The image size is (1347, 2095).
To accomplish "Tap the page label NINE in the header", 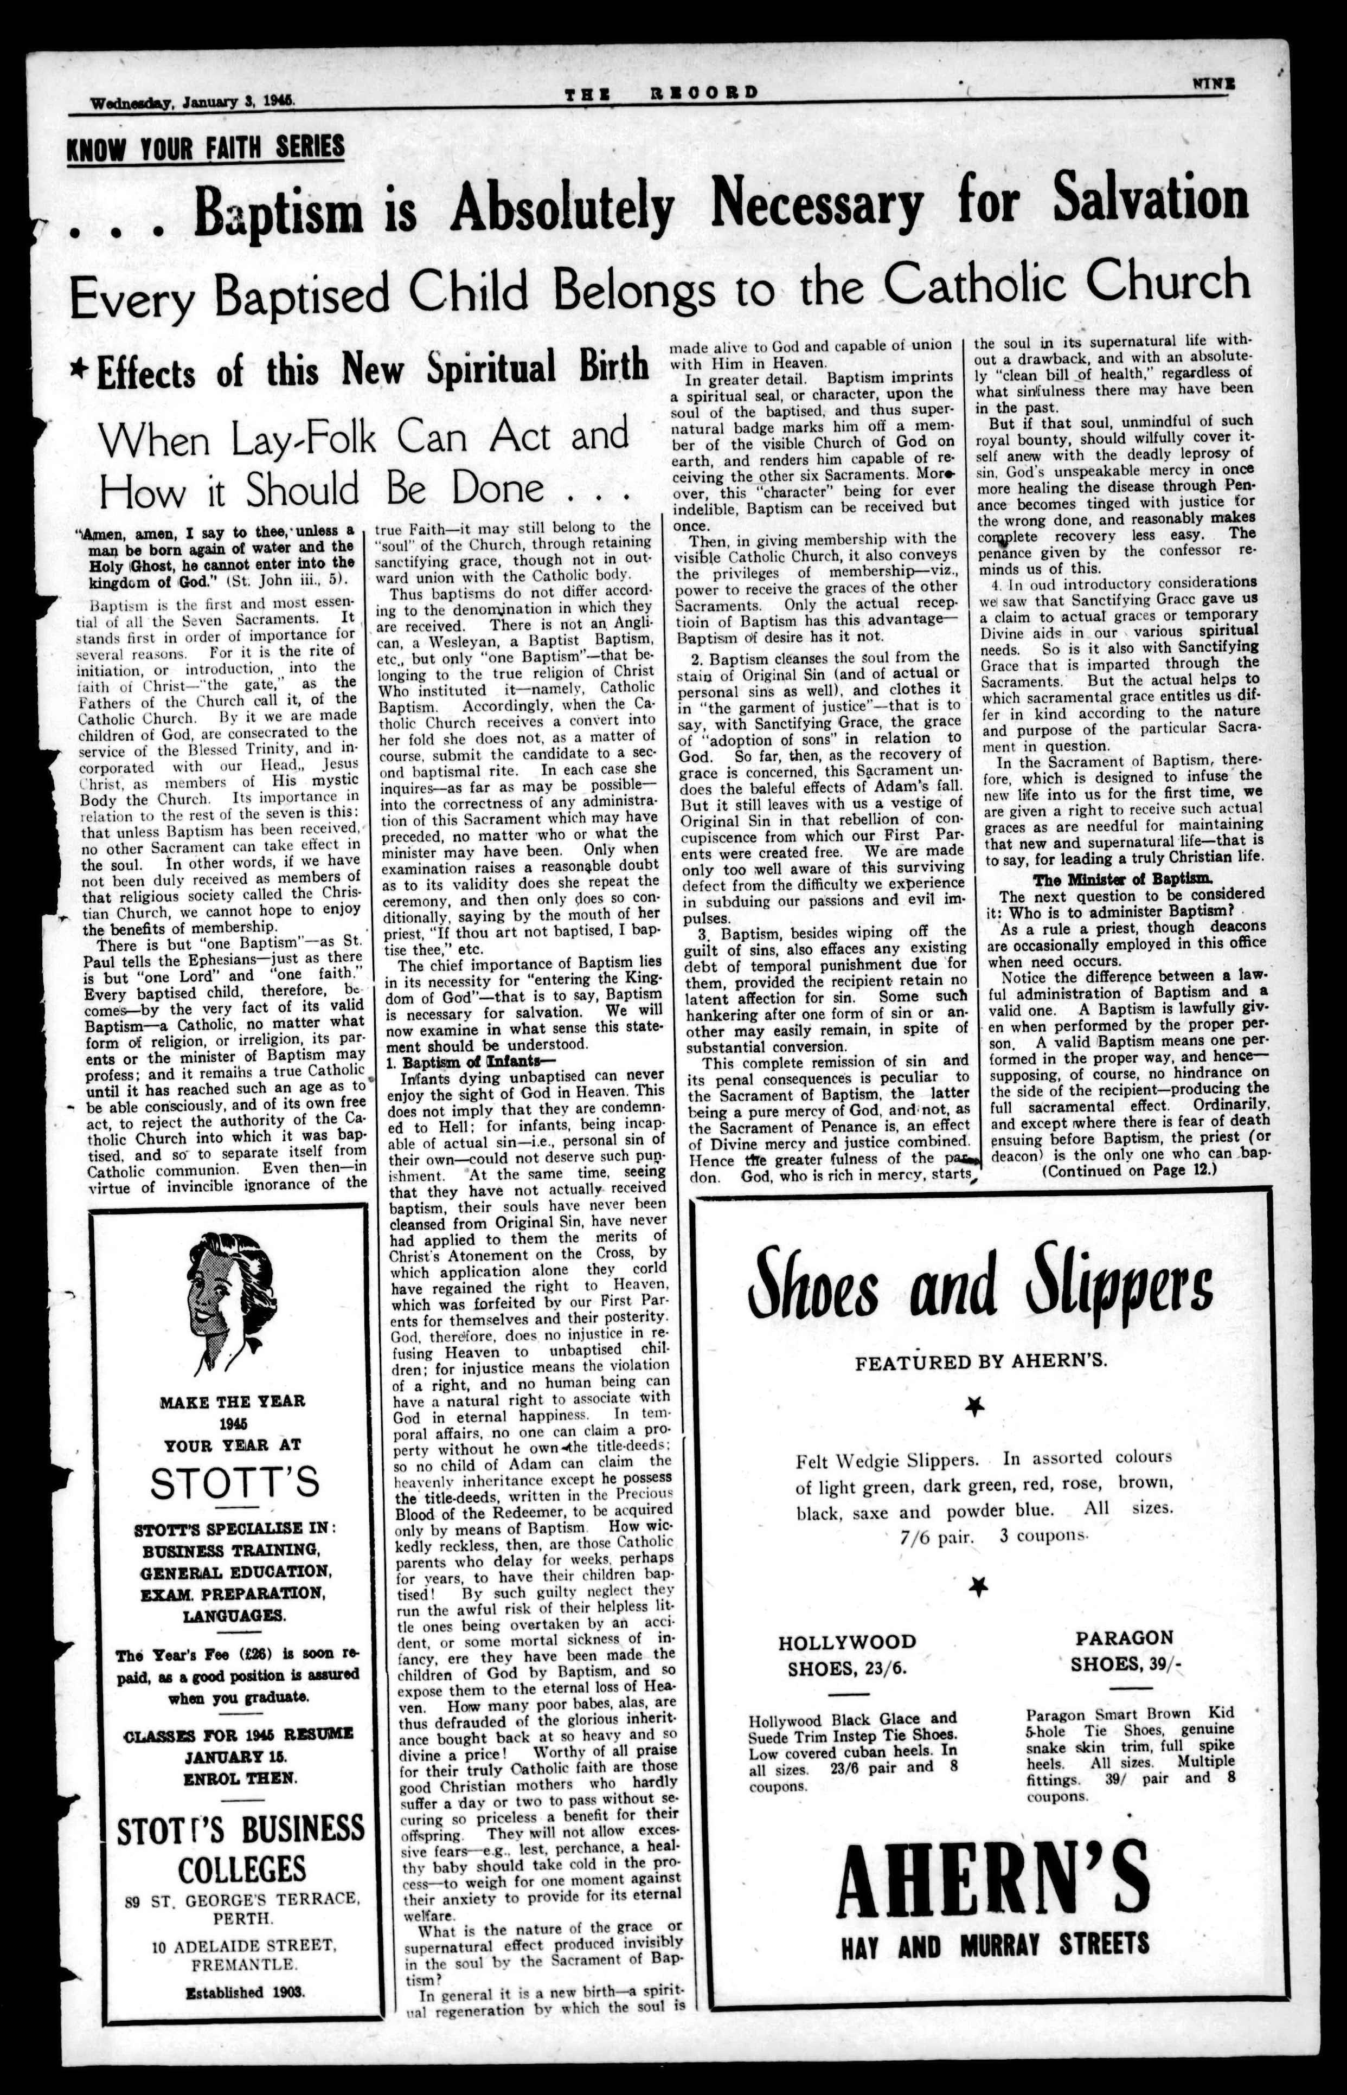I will tap(1213, 84).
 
